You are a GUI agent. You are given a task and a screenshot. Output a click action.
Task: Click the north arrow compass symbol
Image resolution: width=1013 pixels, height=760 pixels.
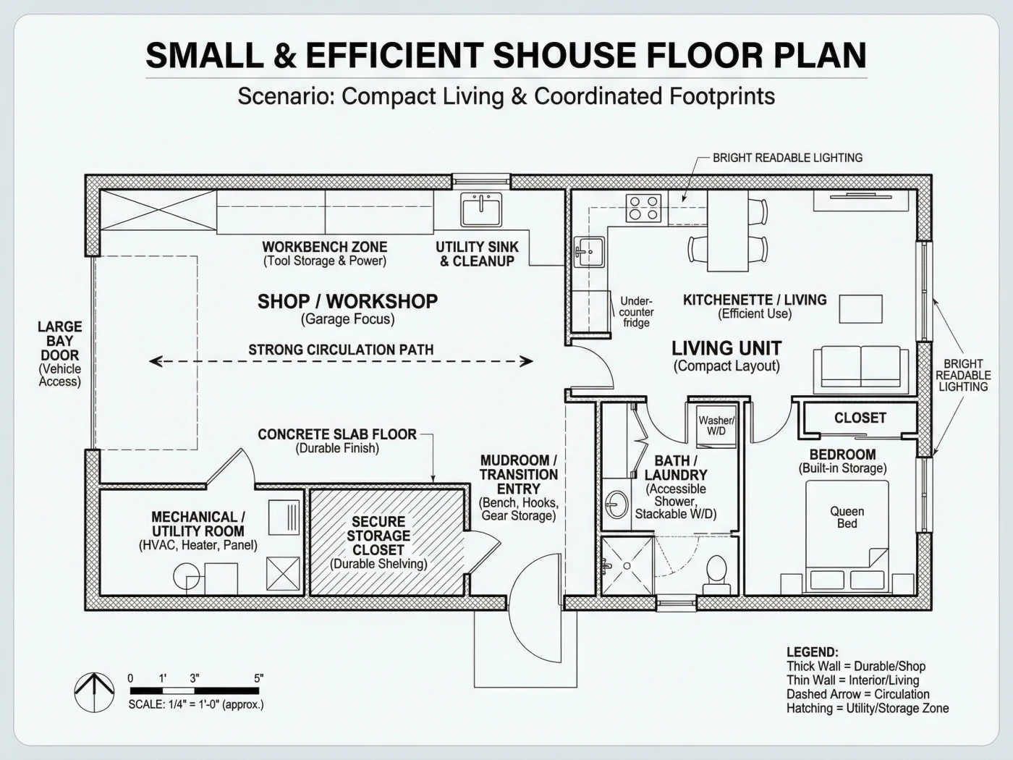click(x=94, y=692)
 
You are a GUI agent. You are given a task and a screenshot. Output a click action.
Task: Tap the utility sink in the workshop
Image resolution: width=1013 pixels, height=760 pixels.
click(x=481, y=209)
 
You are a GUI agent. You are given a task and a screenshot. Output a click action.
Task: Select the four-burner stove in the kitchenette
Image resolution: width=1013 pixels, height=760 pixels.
click(x=643, y=208)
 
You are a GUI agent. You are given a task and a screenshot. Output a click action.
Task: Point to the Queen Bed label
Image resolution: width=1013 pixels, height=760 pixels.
click(x=847, y=518)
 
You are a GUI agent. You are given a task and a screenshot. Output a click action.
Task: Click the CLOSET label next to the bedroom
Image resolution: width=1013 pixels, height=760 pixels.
click(x=860, y=418)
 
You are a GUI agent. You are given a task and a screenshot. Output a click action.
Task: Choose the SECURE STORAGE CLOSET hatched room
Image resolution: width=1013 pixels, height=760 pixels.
click(x=386, y=543)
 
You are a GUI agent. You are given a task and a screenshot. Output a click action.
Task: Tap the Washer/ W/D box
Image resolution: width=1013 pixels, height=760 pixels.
click(x=716, y=426)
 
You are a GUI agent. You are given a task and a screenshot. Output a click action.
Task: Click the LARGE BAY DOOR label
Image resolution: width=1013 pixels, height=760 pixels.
click(x=59, y=340)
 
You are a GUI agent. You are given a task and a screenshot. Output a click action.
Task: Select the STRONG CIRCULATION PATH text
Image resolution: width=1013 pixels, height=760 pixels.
click(x=341, y=350)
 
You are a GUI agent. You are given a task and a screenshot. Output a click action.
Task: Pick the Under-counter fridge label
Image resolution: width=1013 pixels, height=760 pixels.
click(x=637, y=312)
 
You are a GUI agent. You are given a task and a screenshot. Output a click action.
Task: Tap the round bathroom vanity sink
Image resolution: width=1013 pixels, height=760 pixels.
click(x=616, y=504)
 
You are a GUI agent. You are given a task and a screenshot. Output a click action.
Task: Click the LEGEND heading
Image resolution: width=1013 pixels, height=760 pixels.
click(x=813, y=652)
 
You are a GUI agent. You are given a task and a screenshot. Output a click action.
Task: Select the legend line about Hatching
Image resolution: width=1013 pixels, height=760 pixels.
click(x=868, y=709)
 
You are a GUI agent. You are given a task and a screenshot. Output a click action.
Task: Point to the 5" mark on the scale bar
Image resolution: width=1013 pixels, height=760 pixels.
click(x=258, y=678)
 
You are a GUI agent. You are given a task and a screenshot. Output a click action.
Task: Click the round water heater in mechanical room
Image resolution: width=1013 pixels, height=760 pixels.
click(x=187, y=577)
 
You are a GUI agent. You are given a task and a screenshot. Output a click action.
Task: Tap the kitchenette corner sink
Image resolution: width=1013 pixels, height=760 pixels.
click(x=589, y=251)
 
